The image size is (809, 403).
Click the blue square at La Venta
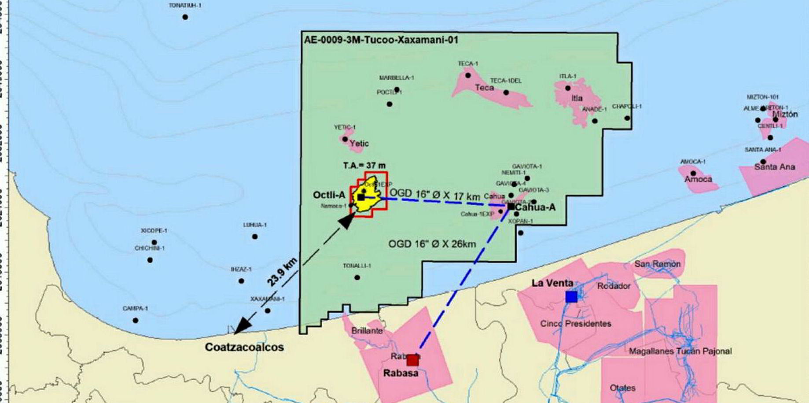[571, 297]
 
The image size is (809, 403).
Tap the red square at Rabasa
[412, 360]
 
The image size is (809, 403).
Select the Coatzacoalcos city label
[244, 347]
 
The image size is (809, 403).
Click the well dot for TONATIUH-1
[185, 17]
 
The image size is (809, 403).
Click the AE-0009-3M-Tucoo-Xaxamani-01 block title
[381, 40]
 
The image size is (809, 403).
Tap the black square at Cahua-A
[511, 206]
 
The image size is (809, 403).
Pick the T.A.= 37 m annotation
[364, 166]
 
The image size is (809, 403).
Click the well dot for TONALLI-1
[357, 277]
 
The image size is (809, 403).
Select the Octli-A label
[329, 195]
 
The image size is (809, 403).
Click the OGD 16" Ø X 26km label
[432, 244]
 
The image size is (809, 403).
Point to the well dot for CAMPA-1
[136, 320]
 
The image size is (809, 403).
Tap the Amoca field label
[698, 179]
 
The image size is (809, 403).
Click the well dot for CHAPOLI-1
[627, 118]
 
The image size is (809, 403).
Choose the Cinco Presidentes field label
[576, 324]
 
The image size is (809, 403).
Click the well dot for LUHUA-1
[255, 237]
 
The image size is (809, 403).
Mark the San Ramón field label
[657, 264]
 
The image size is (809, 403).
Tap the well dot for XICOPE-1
[154, 242]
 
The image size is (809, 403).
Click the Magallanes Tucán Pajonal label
[680, 351]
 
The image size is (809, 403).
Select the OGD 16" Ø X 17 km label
[435, 194]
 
